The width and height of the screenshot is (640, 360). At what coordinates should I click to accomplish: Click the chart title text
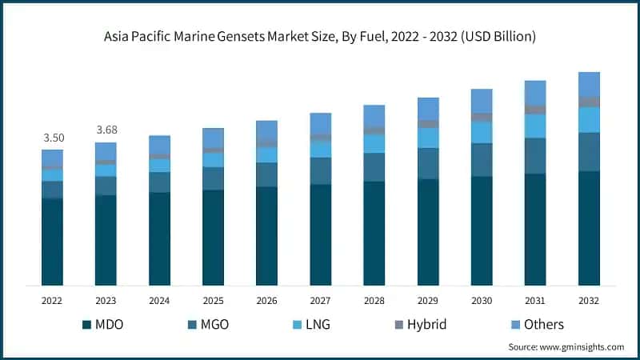[x=320, y=37]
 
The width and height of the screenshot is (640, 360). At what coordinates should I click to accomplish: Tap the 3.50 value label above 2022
[x=53, y=138]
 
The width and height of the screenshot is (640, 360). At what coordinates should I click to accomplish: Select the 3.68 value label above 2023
[x=106, y=130]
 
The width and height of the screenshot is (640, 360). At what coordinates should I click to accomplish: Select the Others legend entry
[x=535, y=324]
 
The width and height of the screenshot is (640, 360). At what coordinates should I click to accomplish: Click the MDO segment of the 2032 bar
[x=589, y=228]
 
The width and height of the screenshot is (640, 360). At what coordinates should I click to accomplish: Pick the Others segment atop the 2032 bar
[x=589, y=84]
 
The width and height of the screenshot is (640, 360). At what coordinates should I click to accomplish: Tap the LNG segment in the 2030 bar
[x=482, y=132]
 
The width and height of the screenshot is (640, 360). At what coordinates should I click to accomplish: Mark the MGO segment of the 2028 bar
[x=374, y=167]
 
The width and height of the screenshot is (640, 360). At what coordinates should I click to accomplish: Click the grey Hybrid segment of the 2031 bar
[x=535, y=110]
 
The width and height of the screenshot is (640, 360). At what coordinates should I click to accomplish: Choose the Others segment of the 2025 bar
[x=214, y=138]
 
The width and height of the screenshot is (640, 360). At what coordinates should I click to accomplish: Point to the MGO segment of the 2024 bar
[x=160, y=182]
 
